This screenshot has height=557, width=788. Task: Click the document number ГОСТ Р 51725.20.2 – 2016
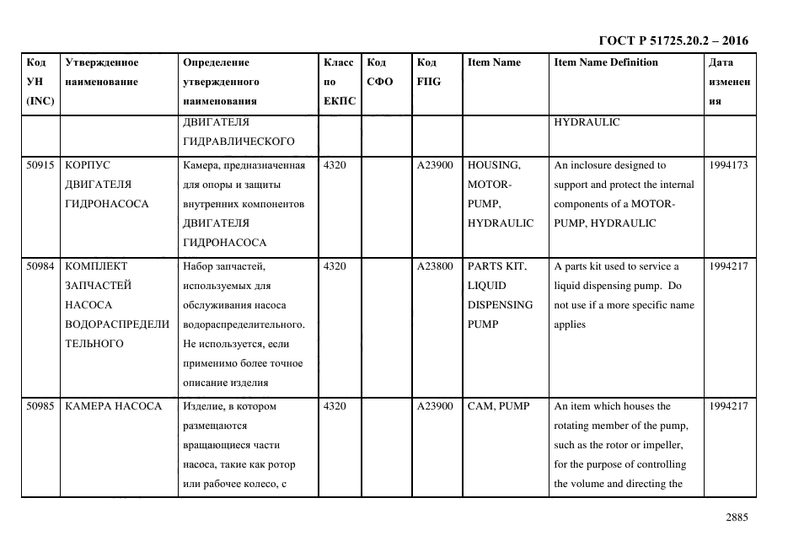[673, 40]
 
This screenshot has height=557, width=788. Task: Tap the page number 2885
[736, 517]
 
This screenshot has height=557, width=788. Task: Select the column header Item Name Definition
[606, 62]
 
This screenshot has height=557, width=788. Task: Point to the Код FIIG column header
[428, 72]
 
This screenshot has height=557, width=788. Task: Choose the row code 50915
[40, 165]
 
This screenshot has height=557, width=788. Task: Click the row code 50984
[40, 266]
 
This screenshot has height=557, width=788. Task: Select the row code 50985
[40, 406]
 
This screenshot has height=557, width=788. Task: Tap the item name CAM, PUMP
[498, 406]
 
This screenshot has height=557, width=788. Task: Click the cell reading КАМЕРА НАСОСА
[113, 406]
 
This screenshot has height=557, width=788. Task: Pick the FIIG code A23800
[435, 266]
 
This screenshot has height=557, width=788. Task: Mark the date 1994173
[728, 165]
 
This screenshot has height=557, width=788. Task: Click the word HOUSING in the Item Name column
[494, 165]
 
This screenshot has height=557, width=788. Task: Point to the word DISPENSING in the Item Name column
[500, 305]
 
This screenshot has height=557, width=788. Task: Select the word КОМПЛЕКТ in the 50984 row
[95, 266]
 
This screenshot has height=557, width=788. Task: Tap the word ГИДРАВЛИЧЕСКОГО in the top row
[238, 141]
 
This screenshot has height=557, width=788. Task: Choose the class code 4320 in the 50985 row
[335, 406]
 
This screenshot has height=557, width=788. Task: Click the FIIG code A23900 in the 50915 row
[435, 165]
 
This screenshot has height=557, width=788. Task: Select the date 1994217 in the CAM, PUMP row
[728, 406]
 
